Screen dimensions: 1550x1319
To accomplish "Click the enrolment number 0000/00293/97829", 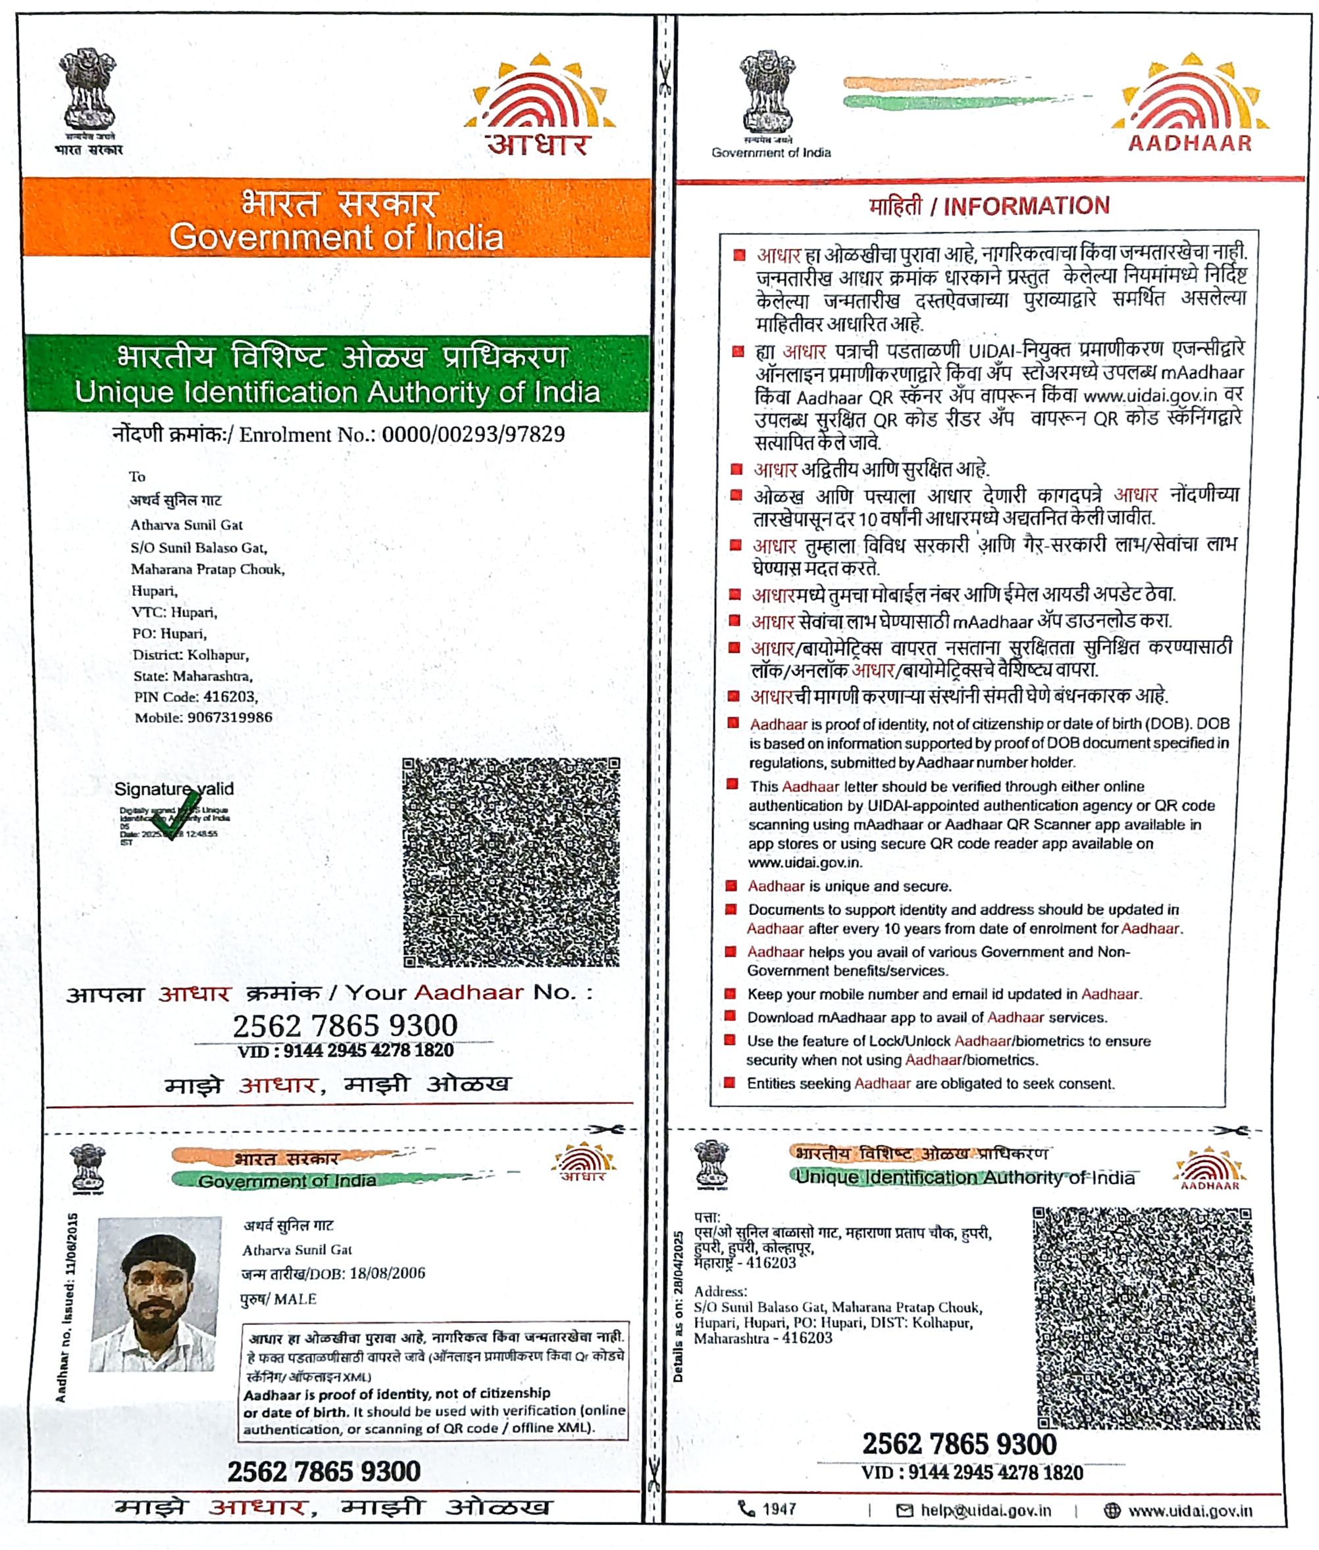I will pos(473,434).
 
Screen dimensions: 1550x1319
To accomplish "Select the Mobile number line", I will pos(203,718).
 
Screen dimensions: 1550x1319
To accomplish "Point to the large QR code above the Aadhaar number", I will pos(511,862).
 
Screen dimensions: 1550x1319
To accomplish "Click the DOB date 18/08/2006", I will pos(386,1273).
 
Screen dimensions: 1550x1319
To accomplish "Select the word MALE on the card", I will pos(295,1299).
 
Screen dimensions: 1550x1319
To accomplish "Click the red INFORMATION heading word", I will pos(1026,207).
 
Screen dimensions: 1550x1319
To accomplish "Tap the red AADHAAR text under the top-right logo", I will pos(1189,143).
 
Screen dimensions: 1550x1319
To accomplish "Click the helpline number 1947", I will pos(779,1509).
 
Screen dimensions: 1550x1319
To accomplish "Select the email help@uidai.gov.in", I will pos(985,1511).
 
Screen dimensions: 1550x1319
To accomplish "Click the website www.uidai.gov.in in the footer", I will pos(1189,1511).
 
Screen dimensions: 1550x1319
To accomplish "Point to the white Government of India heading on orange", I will pos(336,238).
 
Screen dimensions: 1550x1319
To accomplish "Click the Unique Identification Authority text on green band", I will pos(337,392).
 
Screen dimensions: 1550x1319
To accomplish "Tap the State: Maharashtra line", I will pos(193,676).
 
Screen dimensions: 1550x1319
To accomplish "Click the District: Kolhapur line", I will pos(191,655).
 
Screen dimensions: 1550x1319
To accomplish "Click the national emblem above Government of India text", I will pos(767,93).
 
